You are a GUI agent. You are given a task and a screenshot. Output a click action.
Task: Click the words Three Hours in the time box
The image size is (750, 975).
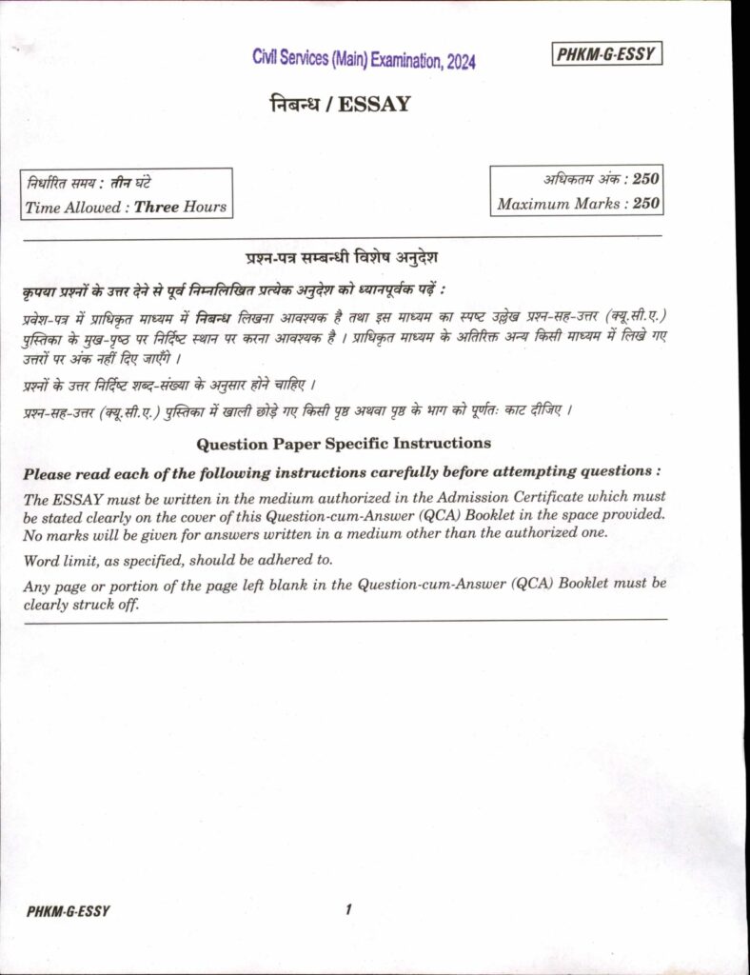tap(180, 207)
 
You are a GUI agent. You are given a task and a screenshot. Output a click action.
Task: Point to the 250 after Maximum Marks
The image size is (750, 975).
tap(646, 203)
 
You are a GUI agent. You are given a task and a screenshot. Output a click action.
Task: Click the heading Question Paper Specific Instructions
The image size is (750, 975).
tap(343, 443)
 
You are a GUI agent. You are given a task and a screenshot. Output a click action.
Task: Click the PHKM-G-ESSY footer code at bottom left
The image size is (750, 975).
tap(69, 911)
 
